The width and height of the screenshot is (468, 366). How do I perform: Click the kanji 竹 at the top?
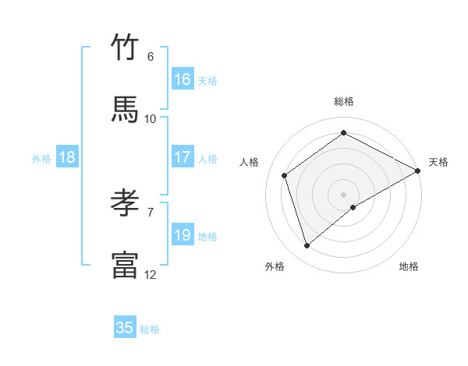[x=125, y=48]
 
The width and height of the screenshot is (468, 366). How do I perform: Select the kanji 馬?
[x=125, y=110]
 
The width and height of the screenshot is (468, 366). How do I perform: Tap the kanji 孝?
[x=125, y=203]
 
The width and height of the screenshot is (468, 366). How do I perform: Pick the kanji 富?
[x=125, y=265]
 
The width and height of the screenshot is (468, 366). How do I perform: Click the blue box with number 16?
[x=183, y=79]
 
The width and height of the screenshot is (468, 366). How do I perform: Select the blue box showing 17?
[x=183, y=157]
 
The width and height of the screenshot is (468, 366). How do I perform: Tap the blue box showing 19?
[x=183, y=235]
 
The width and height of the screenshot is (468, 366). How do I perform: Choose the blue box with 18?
[x=67, y=157]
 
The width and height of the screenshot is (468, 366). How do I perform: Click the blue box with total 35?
[x=125, y=328]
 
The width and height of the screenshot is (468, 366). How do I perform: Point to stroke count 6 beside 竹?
[x=151, y=57]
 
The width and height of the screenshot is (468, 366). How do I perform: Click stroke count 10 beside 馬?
[x=151, y=118]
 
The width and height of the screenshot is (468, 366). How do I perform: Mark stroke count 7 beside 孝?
[x=151, y=212]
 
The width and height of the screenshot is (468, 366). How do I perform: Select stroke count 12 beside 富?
[x=151, y=274]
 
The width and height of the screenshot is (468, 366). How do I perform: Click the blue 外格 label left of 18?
[x=41, y=159]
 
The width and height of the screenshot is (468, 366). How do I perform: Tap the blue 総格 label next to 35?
[x=150, y=329]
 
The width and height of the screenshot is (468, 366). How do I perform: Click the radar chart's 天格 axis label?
[x=438, y=162]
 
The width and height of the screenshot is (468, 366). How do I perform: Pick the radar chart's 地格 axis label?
[x=409, y=266]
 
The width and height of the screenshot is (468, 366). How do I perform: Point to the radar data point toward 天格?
[x=418, y=171]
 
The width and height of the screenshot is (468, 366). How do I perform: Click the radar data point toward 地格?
[x=353, y=207]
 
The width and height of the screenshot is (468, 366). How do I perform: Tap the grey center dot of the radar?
[x=344, y=194]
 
